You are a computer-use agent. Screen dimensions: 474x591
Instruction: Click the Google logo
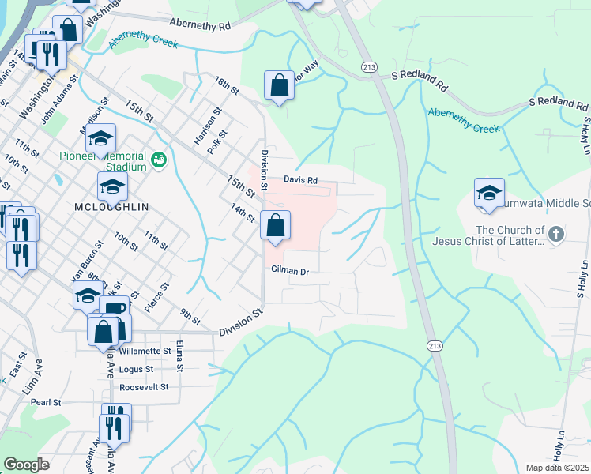click(x=26, y=465)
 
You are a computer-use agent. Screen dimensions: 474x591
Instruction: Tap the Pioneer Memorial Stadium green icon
click(x=158, y=160)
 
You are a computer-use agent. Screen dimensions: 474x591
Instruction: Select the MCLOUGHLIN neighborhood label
click(x=111, y=206)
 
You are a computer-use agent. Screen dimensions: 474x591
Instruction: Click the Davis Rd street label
click(x=301, y=180)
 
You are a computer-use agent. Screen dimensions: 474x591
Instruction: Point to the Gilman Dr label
click(x=288, y=270)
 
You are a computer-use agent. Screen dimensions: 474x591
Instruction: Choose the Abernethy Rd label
click(x=199, y=25)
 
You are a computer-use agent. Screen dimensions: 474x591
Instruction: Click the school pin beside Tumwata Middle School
click(x=489, y=193)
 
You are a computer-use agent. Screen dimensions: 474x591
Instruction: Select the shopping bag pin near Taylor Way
click(x=280, y=85)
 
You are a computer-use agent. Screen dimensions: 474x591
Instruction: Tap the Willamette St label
click(x=145, y=351)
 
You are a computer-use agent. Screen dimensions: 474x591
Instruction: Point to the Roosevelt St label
click(x=144, y=387)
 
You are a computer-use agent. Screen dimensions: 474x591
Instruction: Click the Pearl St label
click(x=46, y=402)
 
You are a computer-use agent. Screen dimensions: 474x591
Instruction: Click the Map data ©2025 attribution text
click(x=557, y=468)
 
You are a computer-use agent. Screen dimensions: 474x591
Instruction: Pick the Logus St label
click(x=136, y=369)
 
